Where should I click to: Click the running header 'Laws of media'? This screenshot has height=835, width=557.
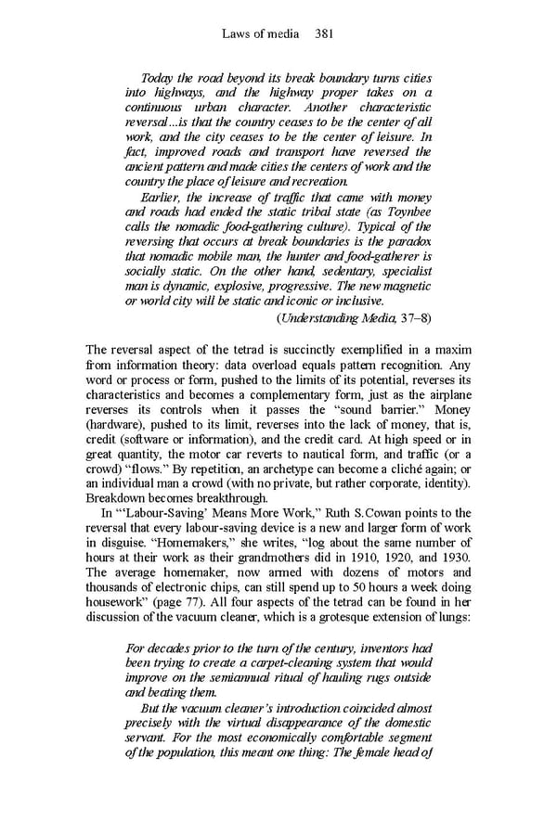pos(261,34)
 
